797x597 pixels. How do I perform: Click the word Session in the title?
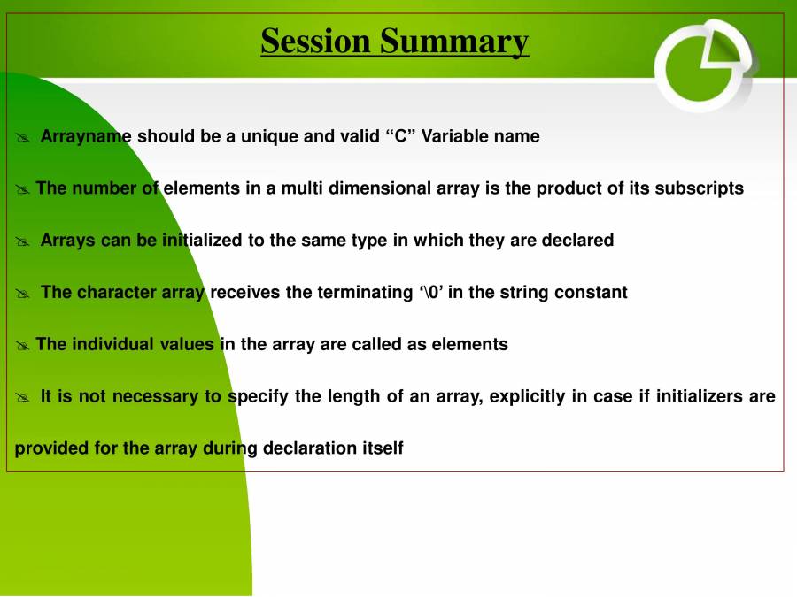click(x=316, y=41)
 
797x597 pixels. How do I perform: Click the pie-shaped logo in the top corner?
click(x=705, y=65)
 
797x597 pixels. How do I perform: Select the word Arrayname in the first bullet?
click(x=86, y=136)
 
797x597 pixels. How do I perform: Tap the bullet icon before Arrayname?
click(x=23, y=137)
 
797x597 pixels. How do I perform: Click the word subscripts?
click(x=699, y=188)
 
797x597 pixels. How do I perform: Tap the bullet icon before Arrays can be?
click(x=23, y=241)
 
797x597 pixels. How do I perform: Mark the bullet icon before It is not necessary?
click(x=23, y=397)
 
